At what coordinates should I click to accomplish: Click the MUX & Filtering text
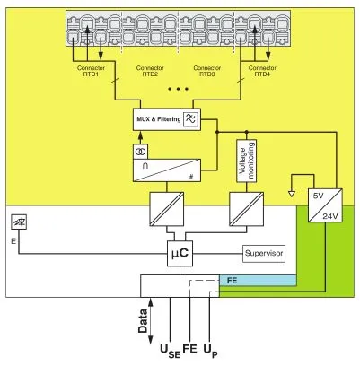click(x=159, y=119)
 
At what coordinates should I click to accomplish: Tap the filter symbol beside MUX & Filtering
click(x=191, y=119)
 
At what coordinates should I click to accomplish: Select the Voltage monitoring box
click(x=247, y=161)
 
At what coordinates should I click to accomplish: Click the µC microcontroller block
click(x=180, y=254)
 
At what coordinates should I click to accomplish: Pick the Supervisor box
click(x=264, y=254)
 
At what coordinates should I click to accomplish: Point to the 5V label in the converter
click(x=318, y=196)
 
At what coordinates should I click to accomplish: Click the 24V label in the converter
click(x=330, y=216)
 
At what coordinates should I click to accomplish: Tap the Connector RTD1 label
click(x=91, y=71)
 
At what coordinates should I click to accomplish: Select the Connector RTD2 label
click(x=150, y=71)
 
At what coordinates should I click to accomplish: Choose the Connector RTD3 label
click(x=207, y=71)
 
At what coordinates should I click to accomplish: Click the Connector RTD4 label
click(x=262, y=71)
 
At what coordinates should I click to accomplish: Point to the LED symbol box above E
click(x=19, y=222)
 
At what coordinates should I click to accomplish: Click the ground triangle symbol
click(x=292, y=194)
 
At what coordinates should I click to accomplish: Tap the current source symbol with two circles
click(x=140, y=152)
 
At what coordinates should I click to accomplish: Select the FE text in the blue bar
click(x=232, y=281)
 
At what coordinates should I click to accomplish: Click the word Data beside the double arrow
click(x=143, y=321)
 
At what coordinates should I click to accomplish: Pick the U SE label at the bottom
click(x=171, y=352)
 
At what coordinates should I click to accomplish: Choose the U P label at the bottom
click(x=211, y=352)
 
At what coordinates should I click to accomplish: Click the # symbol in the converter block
click(x=191, y=177)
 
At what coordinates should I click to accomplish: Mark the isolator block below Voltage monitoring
click(x=247, y=209)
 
